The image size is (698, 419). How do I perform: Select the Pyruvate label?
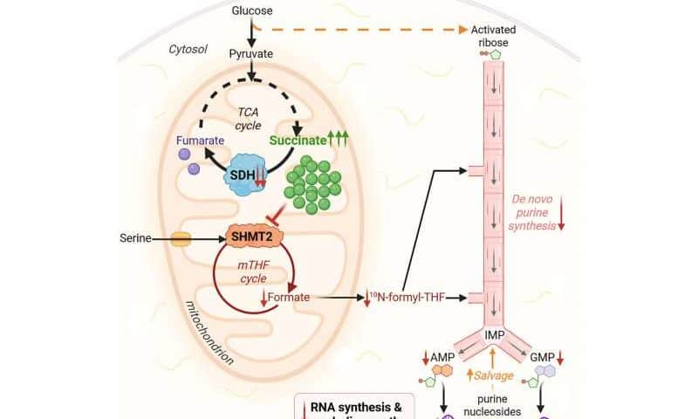250,53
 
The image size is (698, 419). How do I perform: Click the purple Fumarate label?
200,139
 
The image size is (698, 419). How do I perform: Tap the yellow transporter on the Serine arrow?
181,237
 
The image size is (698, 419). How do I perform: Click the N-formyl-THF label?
408,299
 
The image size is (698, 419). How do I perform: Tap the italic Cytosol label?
188,50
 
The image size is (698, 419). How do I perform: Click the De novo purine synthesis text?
534,212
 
